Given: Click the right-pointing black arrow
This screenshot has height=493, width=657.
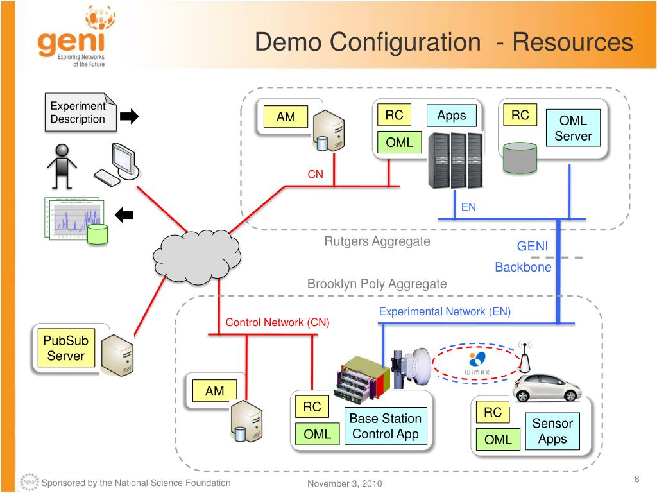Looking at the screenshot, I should (x=130, y=116).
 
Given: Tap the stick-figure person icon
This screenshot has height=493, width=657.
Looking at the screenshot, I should (x=62, y=165).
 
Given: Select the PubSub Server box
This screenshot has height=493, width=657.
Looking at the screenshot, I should (x=65, y=347).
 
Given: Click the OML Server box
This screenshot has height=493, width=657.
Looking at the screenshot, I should (x=573, y=128).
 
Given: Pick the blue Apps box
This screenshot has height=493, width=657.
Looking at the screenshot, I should (x=452, y=116).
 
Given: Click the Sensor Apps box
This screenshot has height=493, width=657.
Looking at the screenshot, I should (x=552, y=431).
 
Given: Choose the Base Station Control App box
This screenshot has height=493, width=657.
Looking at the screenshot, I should (x=385, y=426).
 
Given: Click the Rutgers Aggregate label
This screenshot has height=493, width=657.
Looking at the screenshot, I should (x=377, y=241).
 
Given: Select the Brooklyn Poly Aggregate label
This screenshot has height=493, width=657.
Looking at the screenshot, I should (x=377, y=284).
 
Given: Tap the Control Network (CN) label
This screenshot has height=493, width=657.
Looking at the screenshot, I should (x=277, y=322).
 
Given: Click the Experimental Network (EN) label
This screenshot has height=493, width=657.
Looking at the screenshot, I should (x=445, y=311).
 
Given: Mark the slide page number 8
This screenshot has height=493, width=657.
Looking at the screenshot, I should (x=636, y=480).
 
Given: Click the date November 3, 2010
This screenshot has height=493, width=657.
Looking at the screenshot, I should (x=345, y=483).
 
